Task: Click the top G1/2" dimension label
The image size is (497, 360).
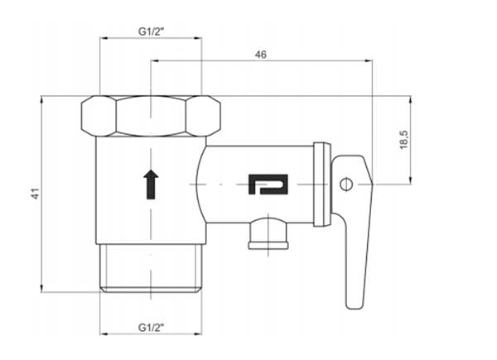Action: click(150, 31)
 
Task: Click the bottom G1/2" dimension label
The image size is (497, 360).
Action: click(150, 328)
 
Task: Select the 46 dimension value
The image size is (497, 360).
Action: click(261, 54)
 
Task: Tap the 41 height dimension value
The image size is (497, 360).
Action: click(35, 194)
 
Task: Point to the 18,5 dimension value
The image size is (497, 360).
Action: click(403, 139)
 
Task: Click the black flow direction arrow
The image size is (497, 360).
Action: click(150, 184)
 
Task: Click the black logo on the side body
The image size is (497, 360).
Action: click(268, 184)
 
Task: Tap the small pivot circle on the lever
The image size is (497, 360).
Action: click(347, 182)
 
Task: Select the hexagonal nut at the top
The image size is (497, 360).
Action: click(150, 116)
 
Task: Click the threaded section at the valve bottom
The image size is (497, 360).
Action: click(150, 266)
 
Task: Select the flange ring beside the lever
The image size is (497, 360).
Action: click(321, 184)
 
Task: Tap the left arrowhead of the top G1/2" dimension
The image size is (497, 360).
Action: click(103, 38)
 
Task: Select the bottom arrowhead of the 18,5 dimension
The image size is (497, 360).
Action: click(410, 181)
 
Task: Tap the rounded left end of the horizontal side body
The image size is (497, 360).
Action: click(201, 184)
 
